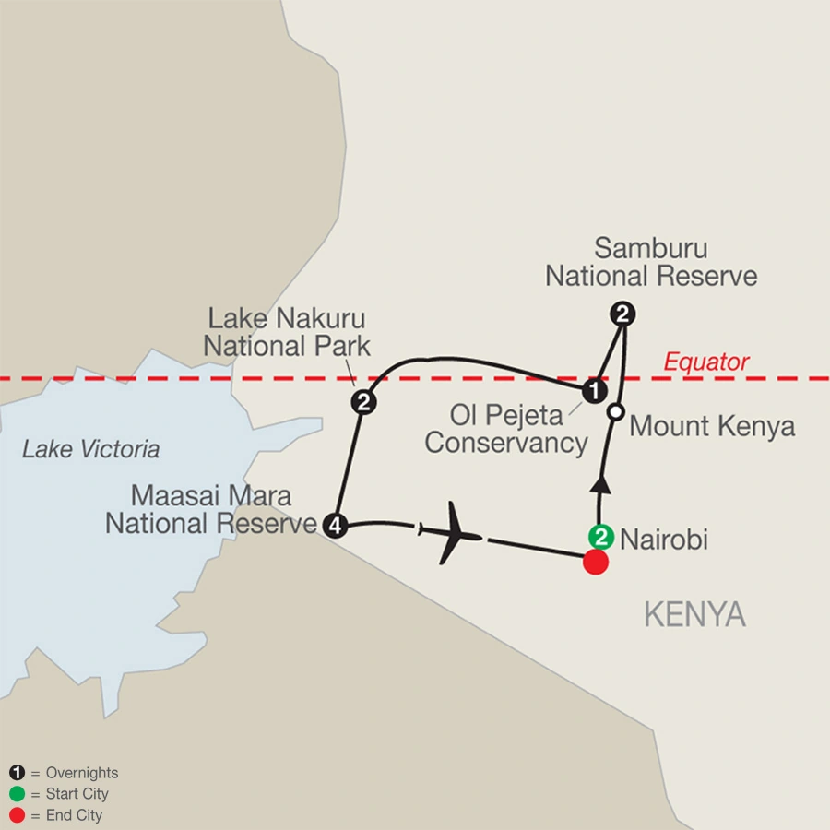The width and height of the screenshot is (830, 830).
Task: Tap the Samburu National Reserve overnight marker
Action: [x=623, y=314]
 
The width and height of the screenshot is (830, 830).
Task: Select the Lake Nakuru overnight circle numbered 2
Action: [x=363, y=402]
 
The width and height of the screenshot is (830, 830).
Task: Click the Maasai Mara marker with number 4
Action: [x=335, y=526]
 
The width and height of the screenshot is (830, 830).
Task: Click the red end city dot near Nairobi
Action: [x=596, y=562]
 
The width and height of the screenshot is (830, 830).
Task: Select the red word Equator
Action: [x=707, y=362]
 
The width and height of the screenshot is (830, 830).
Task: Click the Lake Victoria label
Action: [x=90, y=450]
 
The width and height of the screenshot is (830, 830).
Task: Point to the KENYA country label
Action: [x=694, y=615]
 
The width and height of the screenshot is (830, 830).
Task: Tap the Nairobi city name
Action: [x=666, y=539]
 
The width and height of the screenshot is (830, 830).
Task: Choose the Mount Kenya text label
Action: [x=712, y=426]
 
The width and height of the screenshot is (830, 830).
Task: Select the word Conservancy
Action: [x=506, y=443]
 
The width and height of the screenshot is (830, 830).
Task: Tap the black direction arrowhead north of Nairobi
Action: [x=600, y=485]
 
